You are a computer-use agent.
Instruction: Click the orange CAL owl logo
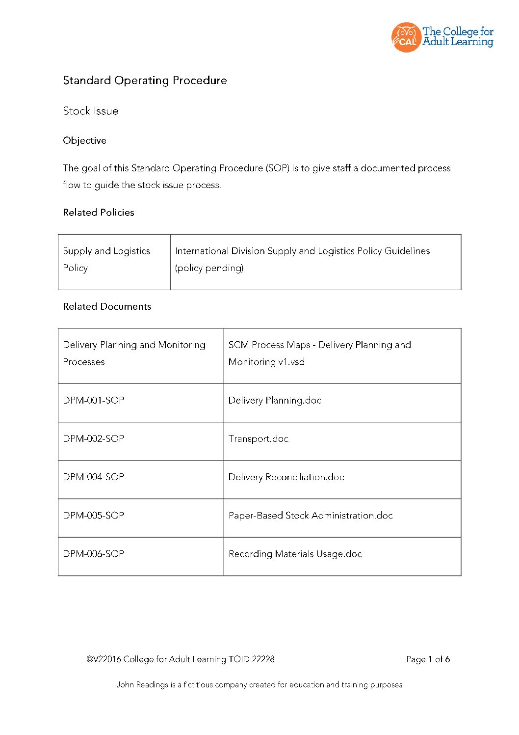tap(406, 37)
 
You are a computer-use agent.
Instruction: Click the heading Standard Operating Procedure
tap(145, 81)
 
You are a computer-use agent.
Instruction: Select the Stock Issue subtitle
tap(90, 111)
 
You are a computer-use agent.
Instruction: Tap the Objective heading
tap(84, 140)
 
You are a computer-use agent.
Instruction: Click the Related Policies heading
tap(99, 213)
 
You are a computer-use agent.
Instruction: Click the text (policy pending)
tap(209, 268)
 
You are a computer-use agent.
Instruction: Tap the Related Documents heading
tap(107, 306)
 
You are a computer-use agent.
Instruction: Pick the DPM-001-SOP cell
tap(94, 400)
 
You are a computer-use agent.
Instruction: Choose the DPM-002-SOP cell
tap(94, 438)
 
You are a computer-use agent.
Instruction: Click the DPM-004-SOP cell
tap(94, 477)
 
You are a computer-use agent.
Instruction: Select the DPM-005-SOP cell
tap(94, 515)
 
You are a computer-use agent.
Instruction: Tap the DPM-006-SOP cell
tap(94, 553)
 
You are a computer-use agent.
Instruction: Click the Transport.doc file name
tap(259, 438)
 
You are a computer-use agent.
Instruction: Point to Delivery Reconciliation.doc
tap(286, 477)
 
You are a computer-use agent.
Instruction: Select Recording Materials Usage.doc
tap(295, 554)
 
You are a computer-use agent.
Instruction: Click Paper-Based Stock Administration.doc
tap(311, 515)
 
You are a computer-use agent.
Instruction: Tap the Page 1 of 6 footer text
tap(428, 659)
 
